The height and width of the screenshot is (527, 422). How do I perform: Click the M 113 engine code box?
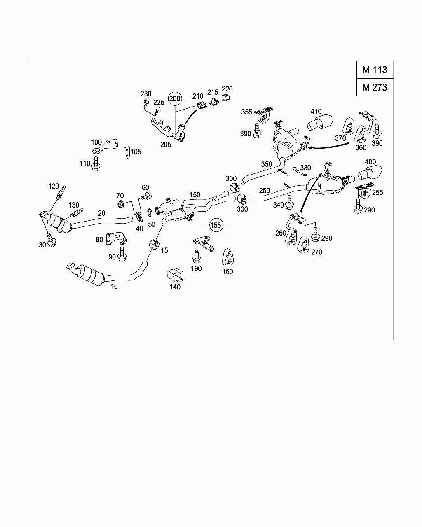(x=375, y=70)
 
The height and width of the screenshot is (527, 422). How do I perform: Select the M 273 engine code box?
(x=375, y=87)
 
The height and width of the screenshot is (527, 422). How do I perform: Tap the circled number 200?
(x=175, y=98)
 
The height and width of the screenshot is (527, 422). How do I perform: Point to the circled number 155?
(x=216, y=225)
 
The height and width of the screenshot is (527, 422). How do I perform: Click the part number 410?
(x=316, y=112)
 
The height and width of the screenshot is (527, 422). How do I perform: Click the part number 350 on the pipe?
(x=266, y=164)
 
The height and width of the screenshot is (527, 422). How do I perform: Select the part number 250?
(x=265, y=191)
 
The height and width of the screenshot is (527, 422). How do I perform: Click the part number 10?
(x=114, y=286)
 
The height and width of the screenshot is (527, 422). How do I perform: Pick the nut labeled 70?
(x=121, y=205)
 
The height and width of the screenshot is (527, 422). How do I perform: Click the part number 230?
(x=146, y=94)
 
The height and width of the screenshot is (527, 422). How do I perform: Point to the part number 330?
(x=305, y=168)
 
